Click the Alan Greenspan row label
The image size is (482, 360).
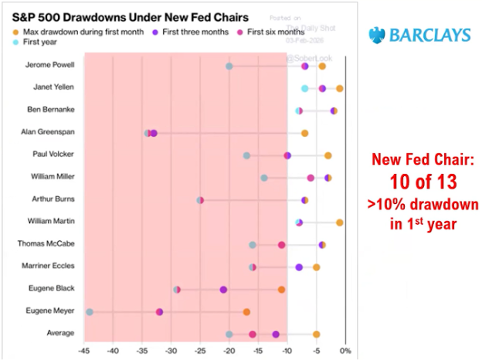pos(52,133)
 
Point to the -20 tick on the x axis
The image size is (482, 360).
pos(229,352)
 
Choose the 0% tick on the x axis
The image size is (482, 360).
pos(345,352)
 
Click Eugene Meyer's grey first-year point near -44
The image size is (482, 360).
pos(90,311)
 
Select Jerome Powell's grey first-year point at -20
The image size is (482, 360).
pos(229,66)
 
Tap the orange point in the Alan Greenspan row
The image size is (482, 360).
pos(304,133)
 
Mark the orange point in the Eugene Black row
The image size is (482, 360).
pos(281,290)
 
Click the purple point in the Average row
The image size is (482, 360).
pos(276,334)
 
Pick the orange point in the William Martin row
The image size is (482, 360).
pos(340,222)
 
